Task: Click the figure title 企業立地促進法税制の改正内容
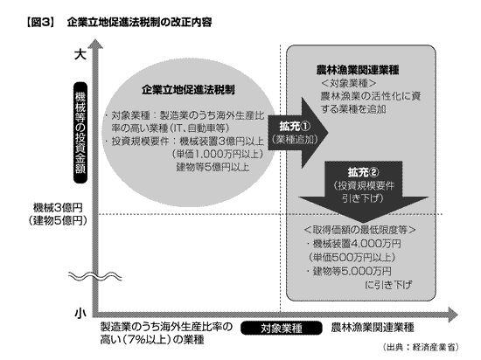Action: coord(139,23)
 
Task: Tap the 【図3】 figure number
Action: coord(39,23)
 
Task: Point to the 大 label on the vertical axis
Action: coord(80,55)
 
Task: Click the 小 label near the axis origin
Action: coord(80,314)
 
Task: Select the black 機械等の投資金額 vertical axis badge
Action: coord(80,132)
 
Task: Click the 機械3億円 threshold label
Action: coord(58,208)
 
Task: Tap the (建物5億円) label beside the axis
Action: coord(58,221)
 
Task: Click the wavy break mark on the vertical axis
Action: coord(94,276)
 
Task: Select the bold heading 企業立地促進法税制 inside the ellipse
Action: coord(188,90)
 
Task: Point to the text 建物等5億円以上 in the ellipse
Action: coord(213,167)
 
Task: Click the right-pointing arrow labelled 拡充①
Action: coord(298,133)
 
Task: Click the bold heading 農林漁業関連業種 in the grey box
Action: coord(358,70)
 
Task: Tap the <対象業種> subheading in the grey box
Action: coord(349,83)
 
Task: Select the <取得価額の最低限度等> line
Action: coord(359,230)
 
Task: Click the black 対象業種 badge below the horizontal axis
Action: coord(282,329)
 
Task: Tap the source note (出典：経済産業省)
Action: coord(421,347)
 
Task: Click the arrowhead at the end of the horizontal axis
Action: coord(453,315)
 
